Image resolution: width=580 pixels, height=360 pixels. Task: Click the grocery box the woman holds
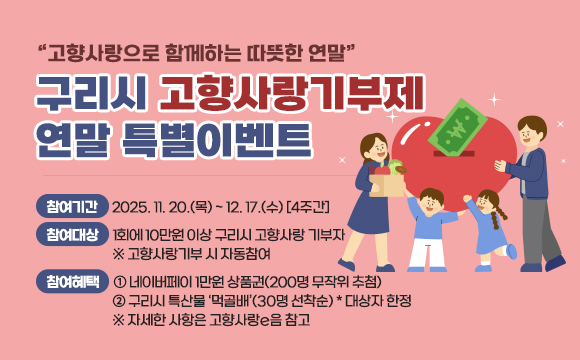click(x=386, y=180)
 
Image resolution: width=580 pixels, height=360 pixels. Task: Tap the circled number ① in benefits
click(x=120, y=282)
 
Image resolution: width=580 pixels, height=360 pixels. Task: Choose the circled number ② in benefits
click(x=120, y=301)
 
